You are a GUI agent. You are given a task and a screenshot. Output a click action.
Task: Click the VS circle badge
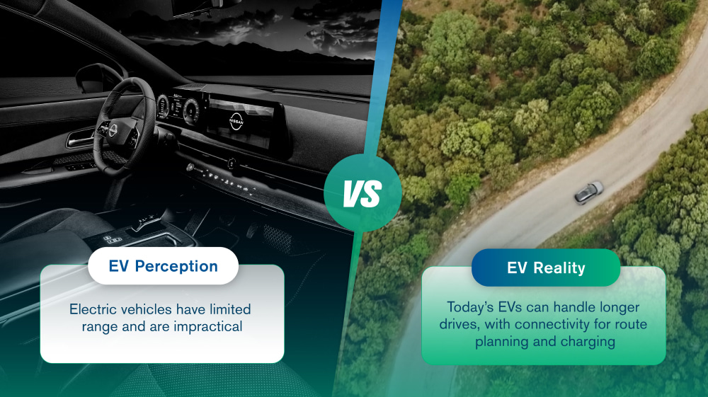(362, 192)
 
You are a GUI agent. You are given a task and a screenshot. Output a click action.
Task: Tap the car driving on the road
(588, 192)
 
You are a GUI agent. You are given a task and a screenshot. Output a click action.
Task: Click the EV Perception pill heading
(163, 266)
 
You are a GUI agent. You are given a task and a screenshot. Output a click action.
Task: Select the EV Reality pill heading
(545, 267)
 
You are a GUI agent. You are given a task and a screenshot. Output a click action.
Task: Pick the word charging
(586, 342)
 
